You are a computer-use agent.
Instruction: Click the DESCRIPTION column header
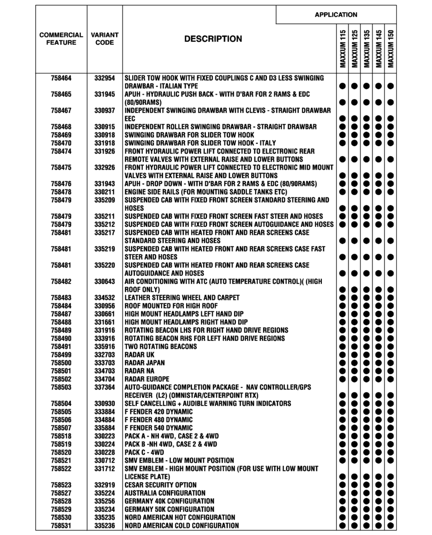coord(213,39)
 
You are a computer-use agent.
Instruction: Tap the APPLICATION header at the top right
coord(336,14)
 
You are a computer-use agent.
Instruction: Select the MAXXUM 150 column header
coord(390,48)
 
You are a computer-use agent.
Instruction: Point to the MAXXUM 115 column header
coord(341,48)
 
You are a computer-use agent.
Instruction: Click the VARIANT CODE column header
coord(105,39)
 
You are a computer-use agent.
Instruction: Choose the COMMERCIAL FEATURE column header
coord(61,39)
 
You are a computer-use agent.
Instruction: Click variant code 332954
coord(105,78)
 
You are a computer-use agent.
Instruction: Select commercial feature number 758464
coord(61,78)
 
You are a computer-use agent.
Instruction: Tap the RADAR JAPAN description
coord(146,363)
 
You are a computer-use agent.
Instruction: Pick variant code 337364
coord(105,387)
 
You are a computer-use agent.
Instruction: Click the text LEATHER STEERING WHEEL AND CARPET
coord(182,297)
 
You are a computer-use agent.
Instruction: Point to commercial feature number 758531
coord(61,526)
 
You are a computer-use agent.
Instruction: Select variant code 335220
coord(105,265)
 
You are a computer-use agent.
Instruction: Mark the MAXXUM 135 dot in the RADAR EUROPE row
coord(366,379)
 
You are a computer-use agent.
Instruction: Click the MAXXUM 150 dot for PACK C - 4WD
coord(390,452)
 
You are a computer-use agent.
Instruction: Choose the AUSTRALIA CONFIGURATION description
coord(165,493)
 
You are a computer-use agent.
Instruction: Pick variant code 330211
coord(105,192)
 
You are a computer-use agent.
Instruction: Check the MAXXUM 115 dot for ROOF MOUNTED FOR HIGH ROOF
coord(341,306)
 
